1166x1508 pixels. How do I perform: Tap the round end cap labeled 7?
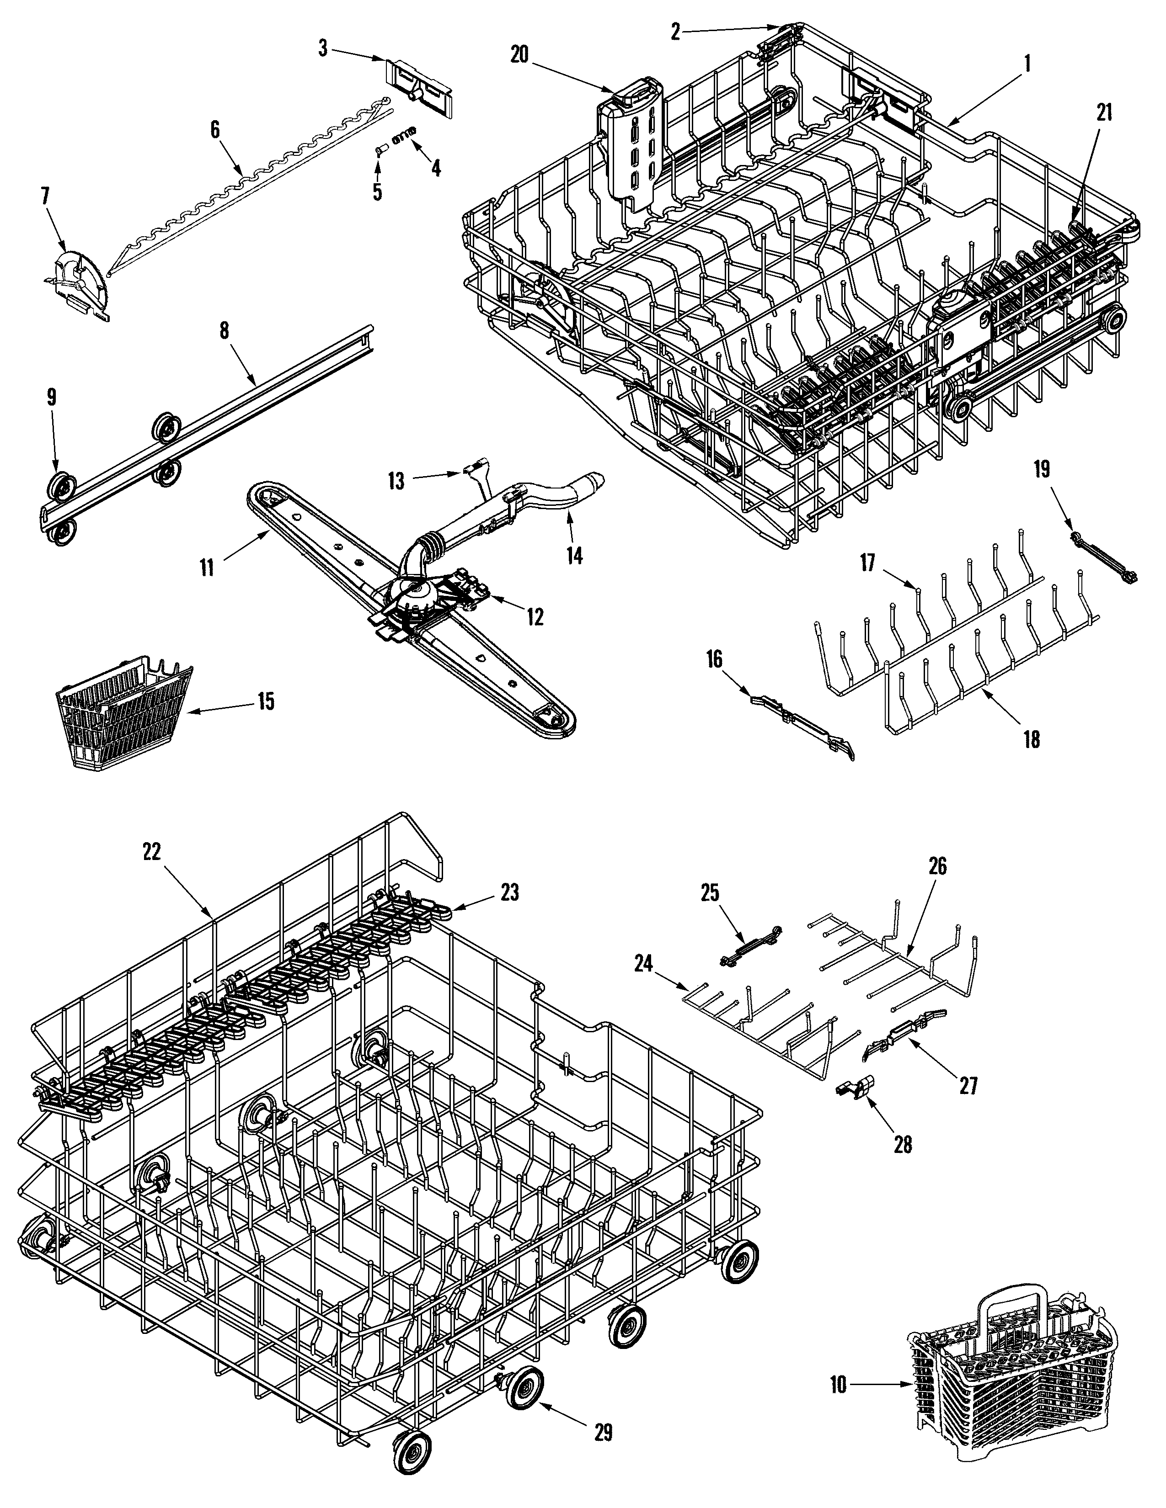tap(80, 281)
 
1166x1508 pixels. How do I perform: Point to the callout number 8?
tap(224, 329)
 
